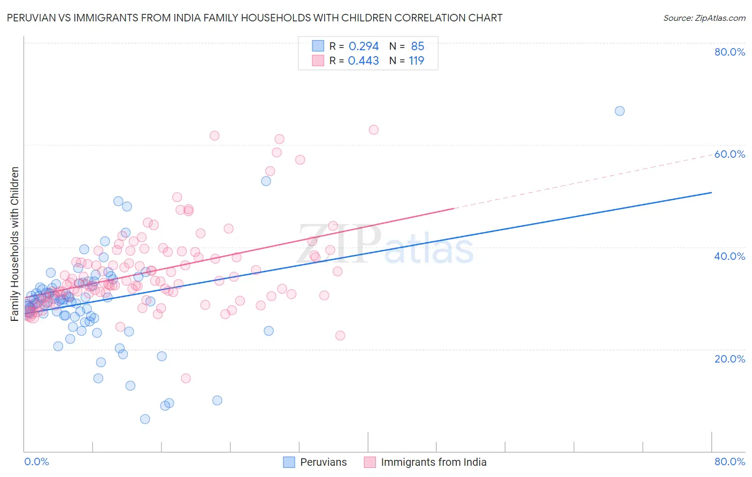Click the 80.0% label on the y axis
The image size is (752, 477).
point(730,52)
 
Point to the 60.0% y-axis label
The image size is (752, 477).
point(730,154)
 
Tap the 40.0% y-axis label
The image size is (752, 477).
point(730,256)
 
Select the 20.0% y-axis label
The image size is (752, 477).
point(730,358)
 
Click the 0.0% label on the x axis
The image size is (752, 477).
point(36,461)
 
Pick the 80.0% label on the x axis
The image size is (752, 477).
point(730,461)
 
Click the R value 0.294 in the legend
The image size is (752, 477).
point(363,47)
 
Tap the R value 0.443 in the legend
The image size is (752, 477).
point(363,61)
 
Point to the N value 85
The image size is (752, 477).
point(417,47)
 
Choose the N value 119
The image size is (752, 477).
point(416,61)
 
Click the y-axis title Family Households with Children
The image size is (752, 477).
point(15,244)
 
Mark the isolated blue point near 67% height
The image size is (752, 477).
point(619,111)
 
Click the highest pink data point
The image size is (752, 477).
point(374,129)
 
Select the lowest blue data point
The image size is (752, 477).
point(145,419)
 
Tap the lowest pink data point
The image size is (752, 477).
point(186,378)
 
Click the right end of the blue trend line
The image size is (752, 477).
point(711,193)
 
